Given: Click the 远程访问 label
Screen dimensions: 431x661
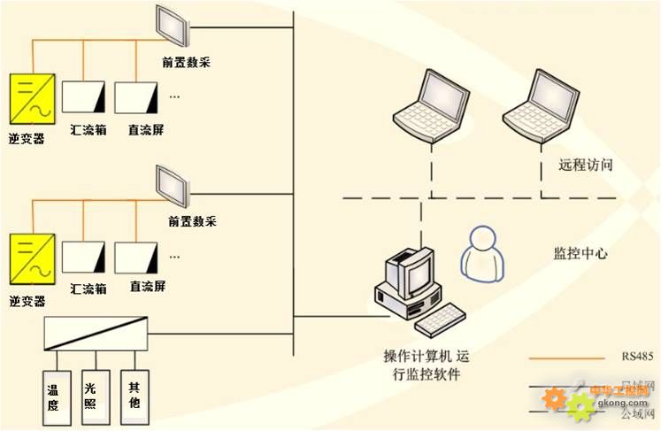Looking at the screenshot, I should (x=586, y=165).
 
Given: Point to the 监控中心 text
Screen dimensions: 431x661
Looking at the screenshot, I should (x=580, y=253).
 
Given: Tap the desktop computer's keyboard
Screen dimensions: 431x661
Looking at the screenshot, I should (x=442, y=319).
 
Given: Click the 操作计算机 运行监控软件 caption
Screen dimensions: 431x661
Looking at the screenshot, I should (x=422, y=365).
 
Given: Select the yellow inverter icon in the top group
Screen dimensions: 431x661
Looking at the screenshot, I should (x=28, y=98).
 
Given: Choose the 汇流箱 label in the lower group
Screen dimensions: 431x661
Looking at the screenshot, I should (x=88, y=289).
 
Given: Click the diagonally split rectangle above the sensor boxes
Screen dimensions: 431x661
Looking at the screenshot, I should (x=96, y=333).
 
